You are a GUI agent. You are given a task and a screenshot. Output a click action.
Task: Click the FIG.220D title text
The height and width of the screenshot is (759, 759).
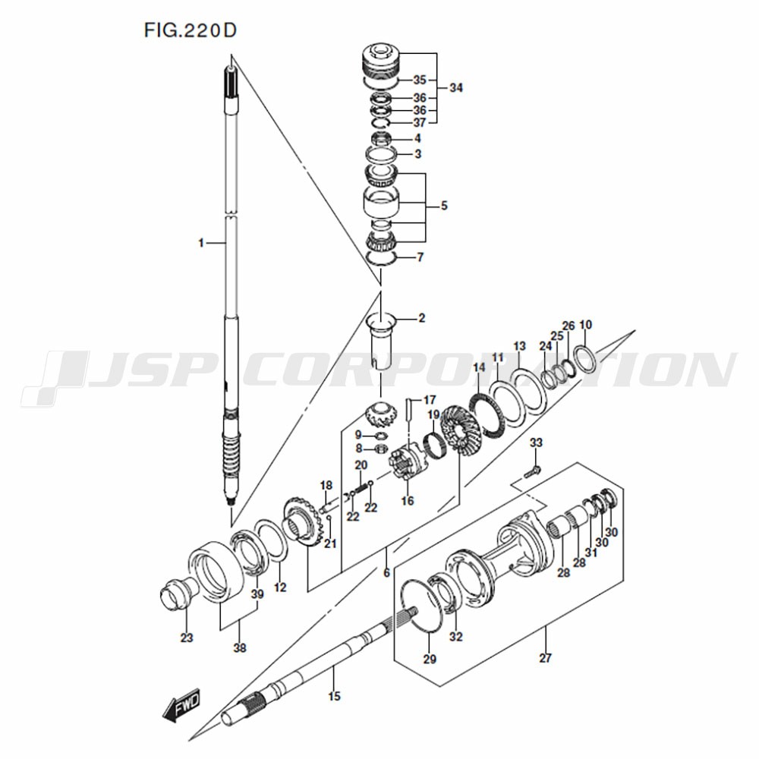click(x=191, y=30)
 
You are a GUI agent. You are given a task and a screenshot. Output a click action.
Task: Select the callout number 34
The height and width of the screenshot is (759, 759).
click(x=456, y=87)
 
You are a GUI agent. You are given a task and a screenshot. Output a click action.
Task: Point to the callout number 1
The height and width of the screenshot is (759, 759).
click(x=201, y=243)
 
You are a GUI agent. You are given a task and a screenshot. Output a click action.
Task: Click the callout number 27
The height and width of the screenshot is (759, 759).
click(x=545, y=658)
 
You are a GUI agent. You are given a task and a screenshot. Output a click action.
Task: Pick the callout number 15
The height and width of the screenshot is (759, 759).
click(x=334, y=696)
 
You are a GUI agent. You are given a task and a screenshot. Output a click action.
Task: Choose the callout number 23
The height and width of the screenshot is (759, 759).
click(x=187, y=638)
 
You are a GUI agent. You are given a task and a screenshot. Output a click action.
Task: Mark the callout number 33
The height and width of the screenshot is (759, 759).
click(x=536, y=442)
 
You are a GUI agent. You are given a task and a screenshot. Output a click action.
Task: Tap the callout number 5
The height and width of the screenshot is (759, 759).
click(x=444, y=206)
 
